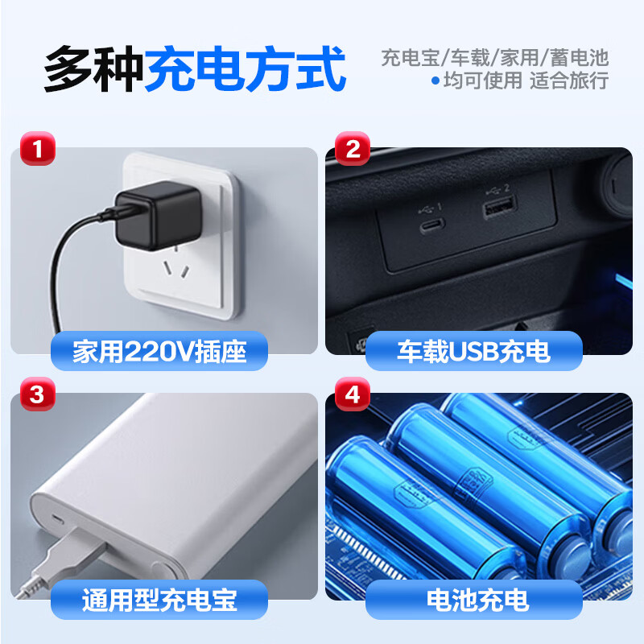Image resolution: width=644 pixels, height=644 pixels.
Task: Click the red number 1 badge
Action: pos(33,150)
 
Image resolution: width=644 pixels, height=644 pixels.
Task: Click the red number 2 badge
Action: pos(352,150)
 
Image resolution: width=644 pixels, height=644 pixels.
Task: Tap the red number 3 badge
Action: pos(33,395)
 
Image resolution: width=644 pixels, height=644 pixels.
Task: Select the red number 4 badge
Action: pos(352,395)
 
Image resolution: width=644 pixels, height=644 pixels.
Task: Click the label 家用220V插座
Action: pos(159,352)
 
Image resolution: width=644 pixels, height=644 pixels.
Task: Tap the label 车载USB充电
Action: pos(473,352)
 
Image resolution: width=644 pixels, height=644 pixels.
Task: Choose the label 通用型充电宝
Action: pos(159,599)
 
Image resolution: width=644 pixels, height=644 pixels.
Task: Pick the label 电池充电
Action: pos(473,599)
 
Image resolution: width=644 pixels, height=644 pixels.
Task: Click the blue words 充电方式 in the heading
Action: pos(245,69)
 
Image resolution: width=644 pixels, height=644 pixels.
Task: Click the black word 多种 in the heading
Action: pos(93,69)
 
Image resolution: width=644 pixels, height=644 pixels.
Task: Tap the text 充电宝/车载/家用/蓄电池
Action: pos(494,58)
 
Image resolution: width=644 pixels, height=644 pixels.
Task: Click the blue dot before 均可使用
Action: pos(436,80)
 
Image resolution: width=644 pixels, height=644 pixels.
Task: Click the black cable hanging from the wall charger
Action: pos(60,266)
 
